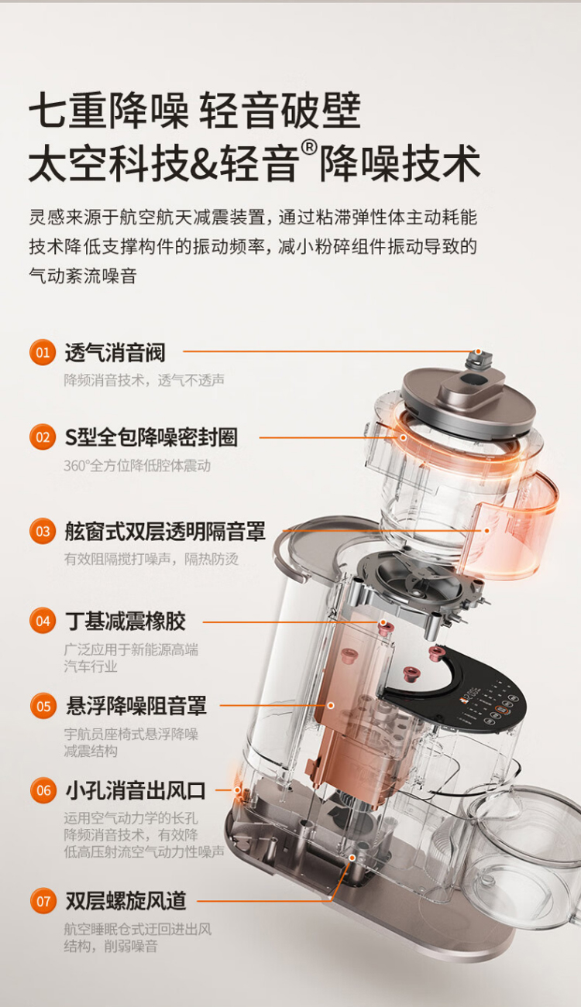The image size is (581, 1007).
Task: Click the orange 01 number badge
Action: (43, 352)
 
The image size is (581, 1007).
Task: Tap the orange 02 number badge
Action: (43, 437)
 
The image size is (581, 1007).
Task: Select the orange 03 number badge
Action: (43, 532)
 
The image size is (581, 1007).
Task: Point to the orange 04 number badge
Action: (43, 622)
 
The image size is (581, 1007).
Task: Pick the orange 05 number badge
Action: (43, 706)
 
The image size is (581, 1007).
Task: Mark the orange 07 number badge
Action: (43, 901)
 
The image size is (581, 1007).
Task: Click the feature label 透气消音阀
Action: (115, 352)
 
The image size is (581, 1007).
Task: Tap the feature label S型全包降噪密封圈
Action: (151, 437)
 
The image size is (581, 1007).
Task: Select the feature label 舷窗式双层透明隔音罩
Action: (165, 532)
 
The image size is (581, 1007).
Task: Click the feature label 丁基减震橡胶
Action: (125, 622)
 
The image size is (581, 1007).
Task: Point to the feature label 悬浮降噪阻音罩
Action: (136, 706)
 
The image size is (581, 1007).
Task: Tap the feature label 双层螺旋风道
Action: (126, 901)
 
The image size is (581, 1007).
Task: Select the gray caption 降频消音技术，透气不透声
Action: (144, 380)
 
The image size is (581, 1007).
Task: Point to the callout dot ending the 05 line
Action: (331, 705)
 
